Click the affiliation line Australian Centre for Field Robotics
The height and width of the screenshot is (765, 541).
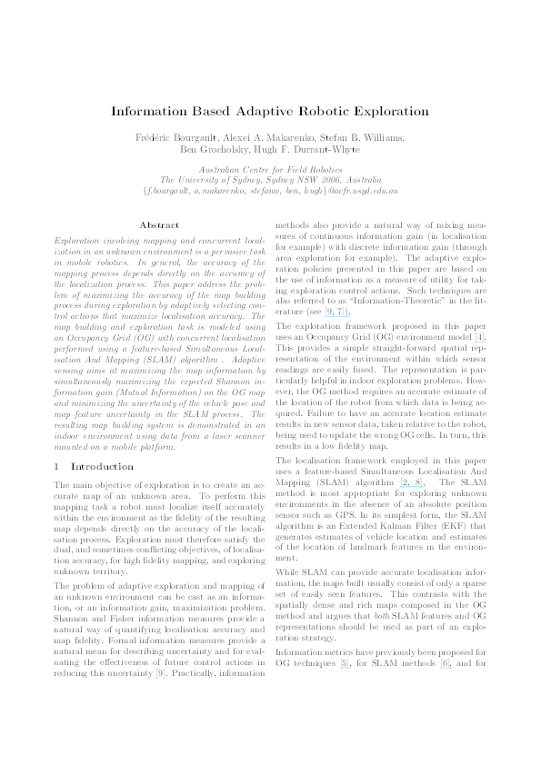(269, 170)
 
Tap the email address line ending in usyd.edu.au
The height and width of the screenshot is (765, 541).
(270, 191)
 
